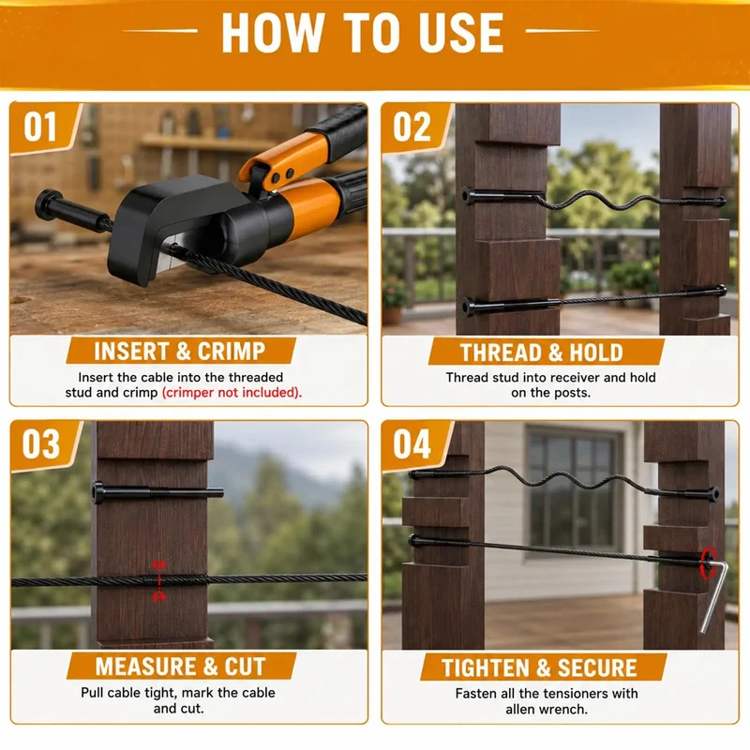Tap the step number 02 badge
tap(413, 127)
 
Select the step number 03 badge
tap(42, 444)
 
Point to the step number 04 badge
tap(413, 444)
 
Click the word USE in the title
tap(460, 33)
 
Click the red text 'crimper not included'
tap(232, 393)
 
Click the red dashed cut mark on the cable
tap(158, 580)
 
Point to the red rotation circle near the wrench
tap(709, 562)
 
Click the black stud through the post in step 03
tap(157, 493)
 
